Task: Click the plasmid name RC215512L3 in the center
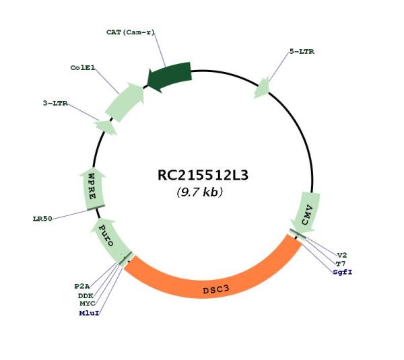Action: [x=203, y=176]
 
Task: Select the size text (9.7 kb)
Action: [x=200, y=192]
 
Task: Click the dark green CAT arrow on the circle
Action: [x=169, y=76]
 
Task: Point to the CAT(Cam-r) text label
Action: [x=131, y=32]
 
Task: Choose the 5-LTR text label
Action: [x=302, y=52]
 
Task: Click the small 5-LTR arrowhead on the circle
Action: [x=261, y=87]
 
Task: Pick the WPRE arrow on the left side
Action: [x=92, y=188]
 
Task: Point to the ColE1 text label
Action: [x=83, y=68]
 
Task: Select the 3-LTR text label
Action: [x=55, y=104]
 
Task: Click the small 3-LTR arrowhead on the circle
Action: [x=106, y=127]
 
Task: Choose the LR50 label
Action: [x=42, y=219]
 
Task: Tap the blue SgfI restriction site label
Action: [x=343, y=272]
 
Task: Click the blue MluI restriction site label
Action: [x=89, y=313]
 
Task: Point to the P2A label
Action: [x=82, y=286]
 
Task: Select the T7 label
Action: [x=341, y=264]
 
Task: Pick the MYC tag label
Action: [x=88, y=304]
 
